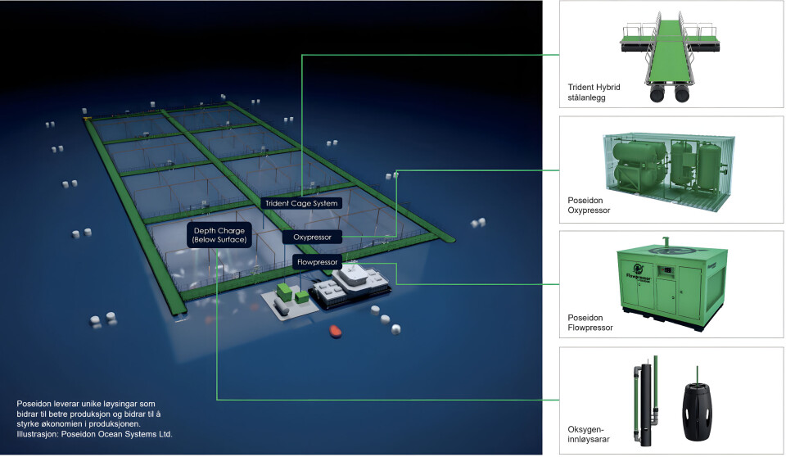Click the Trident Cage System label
301,202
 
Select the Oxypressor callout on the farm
312,238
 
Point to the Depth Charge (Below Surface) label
219,236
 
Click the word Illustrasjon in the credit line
37,434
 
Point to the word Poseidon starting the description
35,404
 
